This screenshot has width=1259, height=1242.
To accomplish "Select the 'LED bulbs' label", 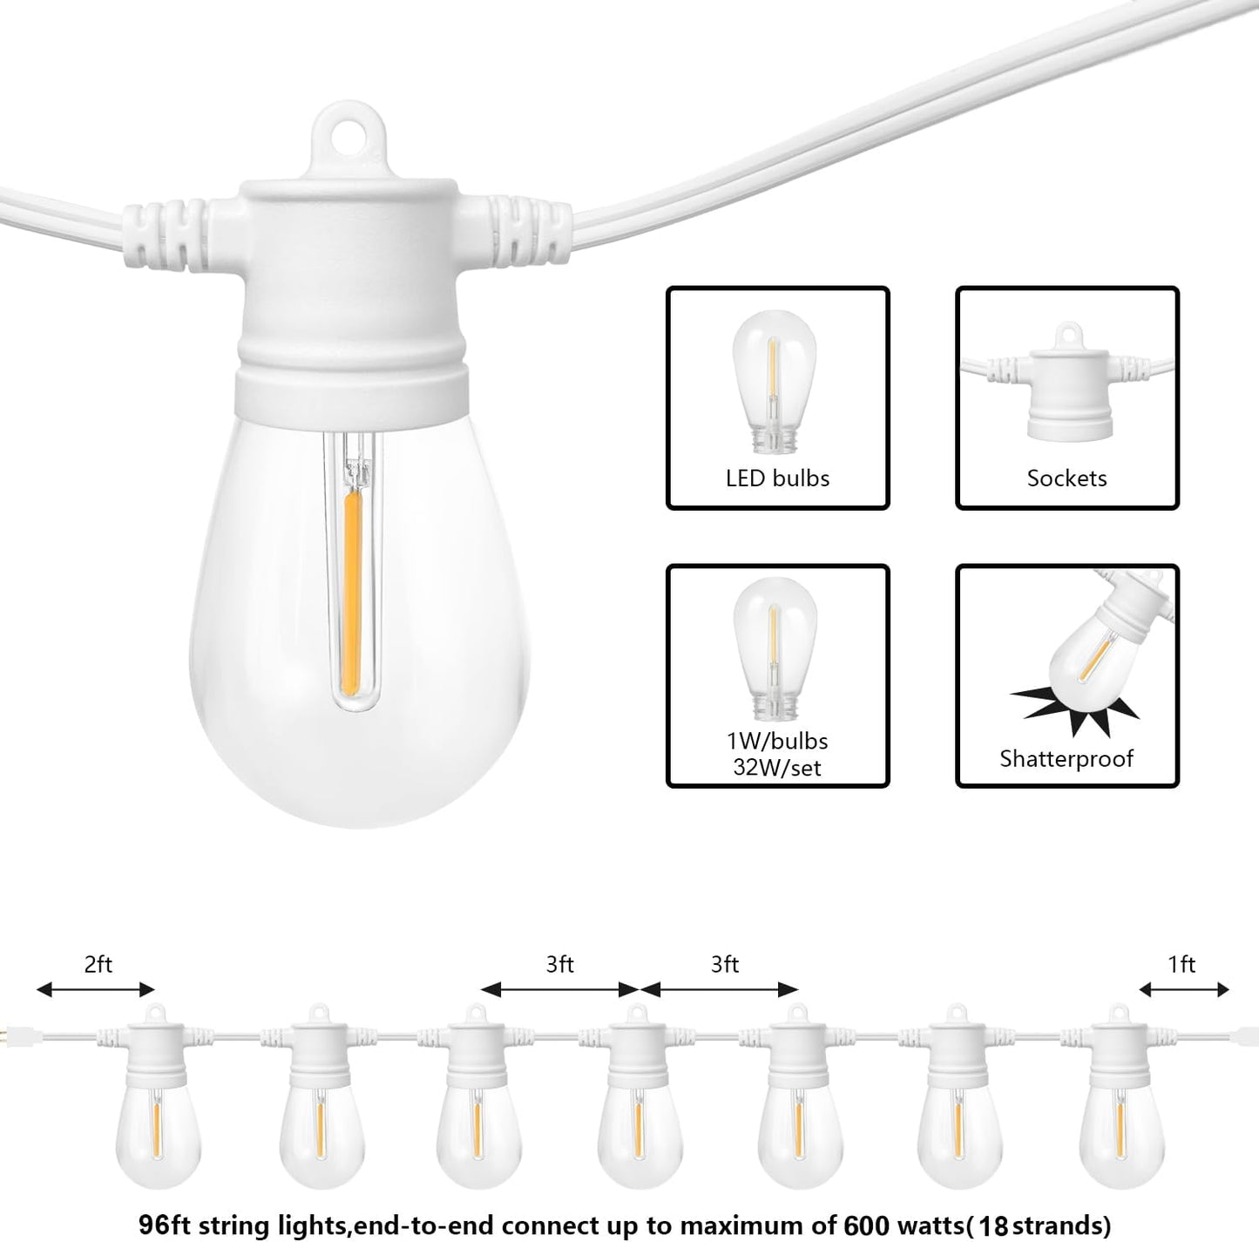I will click(x=777, y=478).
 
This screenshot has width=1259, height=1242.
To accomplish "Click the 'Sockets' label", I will click(x=1066, y=478).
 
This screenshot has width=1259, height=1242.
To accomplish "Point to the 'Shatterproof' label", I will click(x=1066, y=758).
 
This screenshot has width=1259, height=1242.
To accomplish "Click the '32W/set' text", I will click(x=777, y=768).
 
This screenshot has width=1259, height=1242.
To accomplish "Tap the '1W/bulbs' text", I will click(x=777, y=741).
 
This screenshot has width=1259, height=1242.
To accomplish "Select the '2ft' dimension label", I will click(x=98, y=964).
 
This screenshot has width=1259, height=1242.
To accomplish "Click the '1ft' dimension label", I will click(x=1181, y=964).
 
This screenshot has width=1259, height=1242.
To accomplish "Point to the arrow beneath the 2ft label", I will click(x=96, y=989).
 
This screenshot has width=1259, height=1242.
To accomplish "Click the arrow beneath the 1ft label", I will click(x=1184, y=989).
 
